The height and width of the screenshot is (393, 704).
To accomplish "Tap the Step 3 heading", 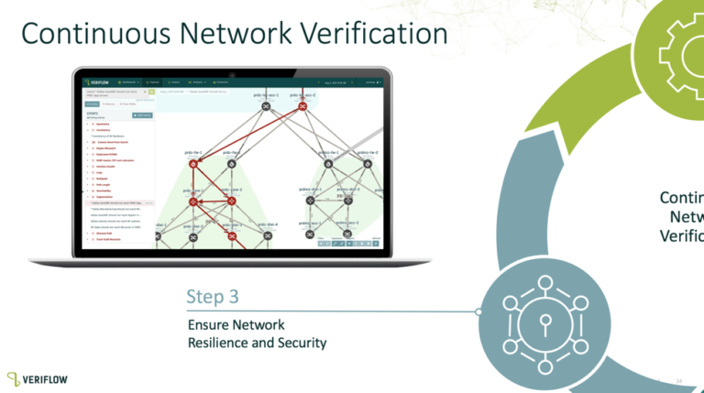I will [213, 297].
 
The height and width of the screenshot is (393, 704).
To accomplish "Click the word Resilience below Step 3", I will [224, 343].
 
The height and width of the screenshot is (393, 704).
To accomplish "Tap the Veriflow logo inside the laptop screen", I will [102, 82].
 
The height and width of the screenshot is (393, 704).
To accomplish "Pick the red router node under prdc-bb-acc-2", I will [301, 107].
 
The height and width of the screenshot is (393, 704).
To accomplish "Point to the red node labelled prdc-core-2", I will [232, 201].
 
